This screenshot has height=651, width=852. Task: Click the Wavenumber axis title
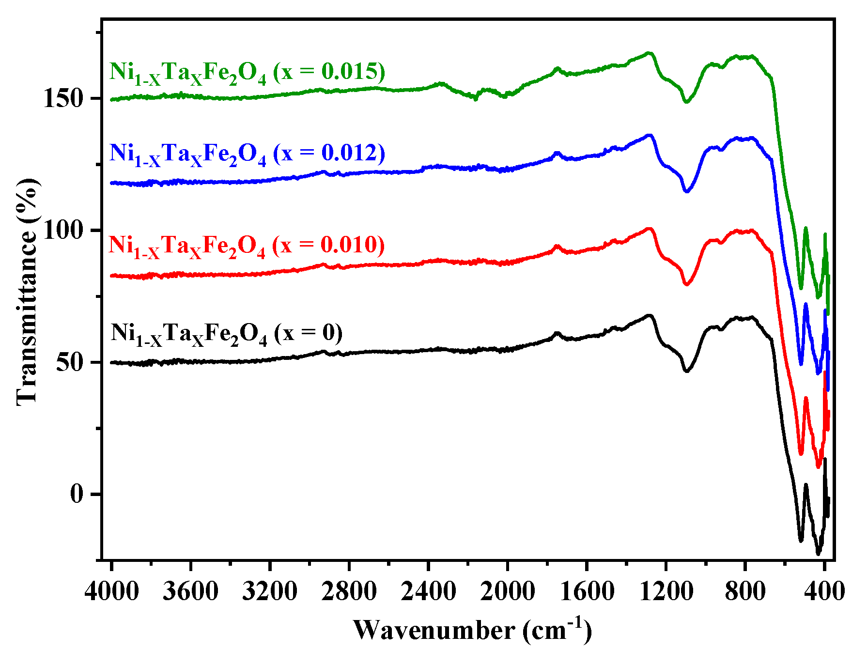click(472, 630)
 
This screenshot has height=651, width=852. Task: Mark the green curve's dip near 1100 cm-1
click(686, 102)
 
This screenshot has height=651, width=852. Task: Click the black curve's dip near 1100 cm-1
click(686, 371)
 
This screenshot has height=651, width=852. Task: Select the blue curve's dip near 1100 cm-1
click(686, 191)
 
